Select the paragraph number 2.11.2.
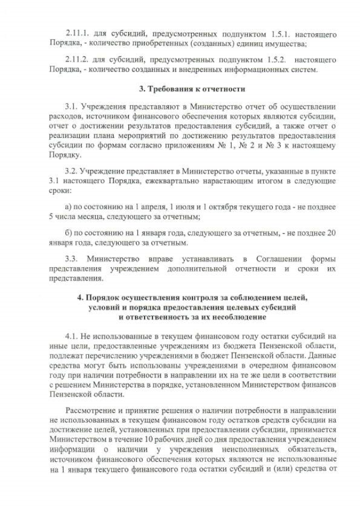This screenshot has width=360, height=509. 77,60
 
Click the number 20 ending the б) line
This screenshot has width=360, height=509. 332,232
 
